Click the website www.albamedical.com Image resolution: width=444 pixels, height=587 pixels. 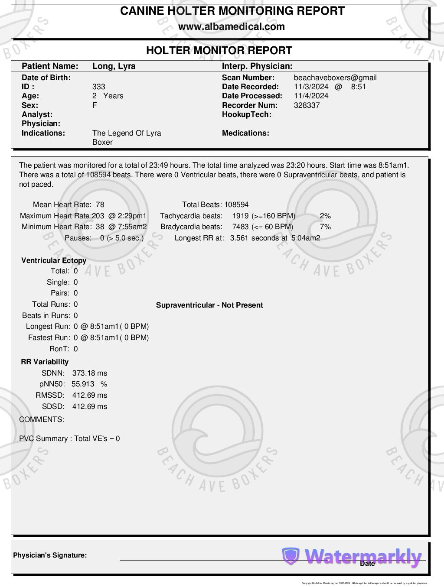coord(232,27)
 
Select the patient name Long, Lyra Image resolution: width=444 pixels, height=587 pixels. coord(114,66)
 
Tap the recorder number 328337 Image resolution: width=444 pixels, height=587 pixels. coord(307,105)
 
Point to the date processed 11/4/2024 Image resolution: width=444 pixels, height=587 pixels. coord(311,96)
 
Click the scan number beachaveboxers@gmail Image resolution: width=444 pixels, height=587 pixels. coord(335,78)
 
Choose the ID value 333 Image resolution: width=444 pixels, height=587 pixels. coord(98,87)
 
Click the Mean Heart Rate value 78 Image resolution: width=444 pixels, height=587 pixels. coord(100,205)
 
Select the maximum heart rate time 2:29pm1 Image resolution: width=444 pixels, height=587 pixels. coord(132,216)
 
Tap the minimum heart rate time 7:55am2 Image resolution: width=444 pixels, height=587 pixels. coord(132,227)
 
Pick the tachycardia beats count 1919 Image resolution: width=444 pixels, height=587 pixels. coord(240,216)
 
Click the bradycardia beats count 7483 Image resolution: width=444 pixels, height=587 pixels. coord(240,227)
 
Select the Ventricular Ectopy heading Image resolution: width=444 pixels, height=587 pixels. coord(54,260)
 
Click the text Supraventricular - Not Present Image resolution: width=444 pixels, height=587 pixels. coord(209,305)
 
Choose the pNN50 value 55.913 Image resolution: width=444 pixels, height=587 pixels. coord(82,384)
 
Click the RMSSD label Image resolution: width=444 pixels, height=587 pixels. coord(50,395)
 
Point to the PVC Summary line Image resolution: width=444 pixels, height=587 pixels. coord(69,438)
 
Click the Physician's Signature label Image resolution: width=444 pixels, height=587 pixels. coord(50,555)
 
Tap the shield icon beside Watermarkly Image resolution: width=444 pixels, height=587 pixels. coord(291,556)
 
